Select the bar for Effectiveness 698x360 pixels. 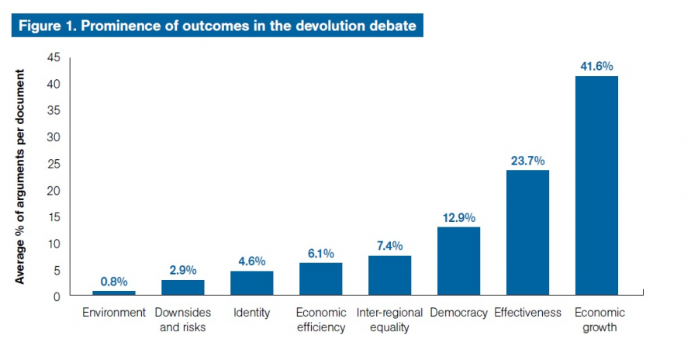point(527,232)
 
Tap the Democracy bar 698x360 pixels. point(458,261)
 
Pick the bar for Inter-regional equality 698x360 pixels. point(389,275)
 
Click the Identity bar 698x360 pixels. point(251,282)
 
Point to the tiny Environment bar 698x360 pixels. point(113,292)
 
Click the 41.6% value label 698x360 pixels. point(596,67)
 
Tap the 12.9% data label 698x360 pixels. point(458,218)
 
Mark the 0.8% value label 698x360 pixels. point(113,282)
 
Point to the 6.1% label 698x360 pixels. point(320,254)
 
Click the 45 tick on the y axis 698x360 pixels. point(54,57)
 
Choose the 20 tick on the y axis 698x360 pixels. point(54,190)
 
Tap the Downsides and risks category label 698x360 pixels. point(182,320)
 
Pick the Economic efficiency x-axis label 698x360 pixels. point(320,320)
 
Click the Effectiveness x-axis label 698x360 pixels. point(527,313)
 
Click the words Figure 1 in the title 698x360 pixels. point(46,26)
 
